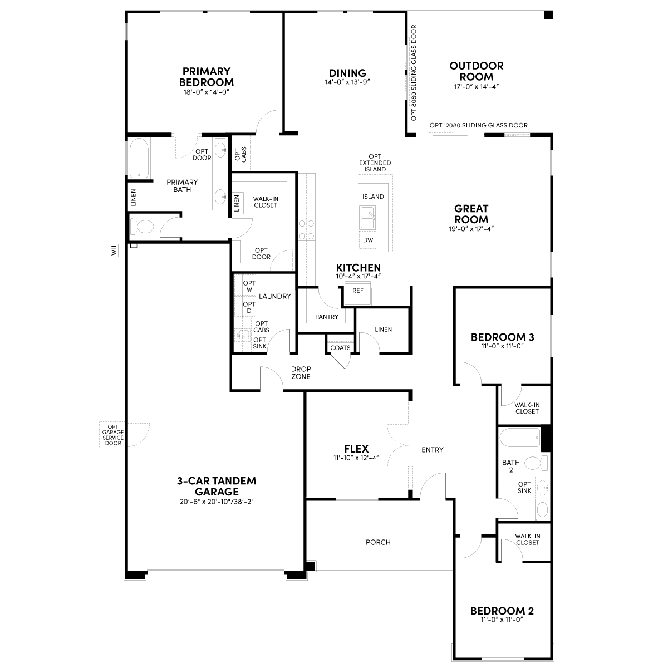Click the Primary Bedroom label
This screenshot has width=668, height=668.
[207, 77]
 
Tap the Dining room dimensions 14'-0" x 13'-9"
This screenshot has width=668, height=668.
[347, 82]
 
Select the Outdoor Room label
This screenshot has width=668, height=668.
[477, 71]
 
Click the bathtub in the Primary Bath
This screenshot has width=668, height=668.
[139, 158]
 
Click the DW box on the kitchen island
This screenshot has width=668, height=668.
[368, 240]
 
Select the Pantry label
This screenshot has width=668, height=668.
[327, 317]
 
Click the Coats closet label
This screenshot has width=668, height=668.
[340, 348]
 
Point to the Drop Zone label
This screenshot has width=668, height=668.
[301, 372]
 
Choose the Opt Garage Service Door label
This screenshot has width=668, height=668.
[113, 435]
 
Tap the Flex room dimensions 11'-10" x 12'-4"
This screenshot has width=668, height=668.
[356, 458]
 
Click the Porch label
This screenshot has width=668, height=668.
[378, 542]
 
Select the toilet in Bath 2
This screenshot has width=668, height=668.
[536, 463]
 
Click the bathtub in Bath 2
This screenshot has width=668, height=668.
[520, 438]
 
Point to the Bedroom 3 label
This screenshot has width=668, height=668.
[502, 337]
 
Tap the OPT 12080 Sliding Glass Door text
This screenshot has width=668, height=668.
[478, 125]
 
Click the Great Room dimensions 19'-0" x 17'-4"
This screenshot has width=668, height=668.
[471, 229]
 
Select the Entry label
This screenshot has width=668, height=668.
[433, 450]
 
